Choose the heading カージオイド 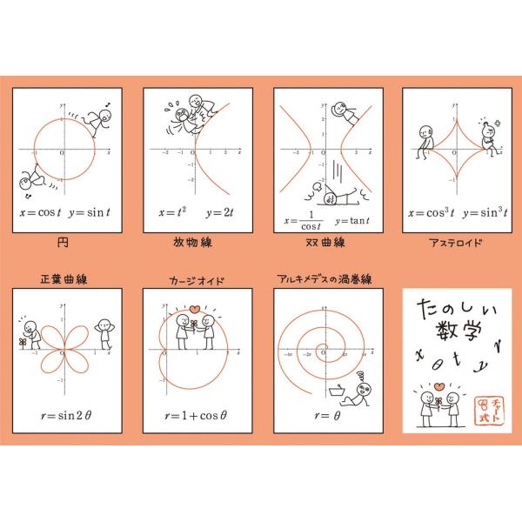click(x=191, y=280)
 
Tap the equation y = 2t click(x=216, y=211)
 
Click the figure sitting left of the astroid click(x=425, y=139)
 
